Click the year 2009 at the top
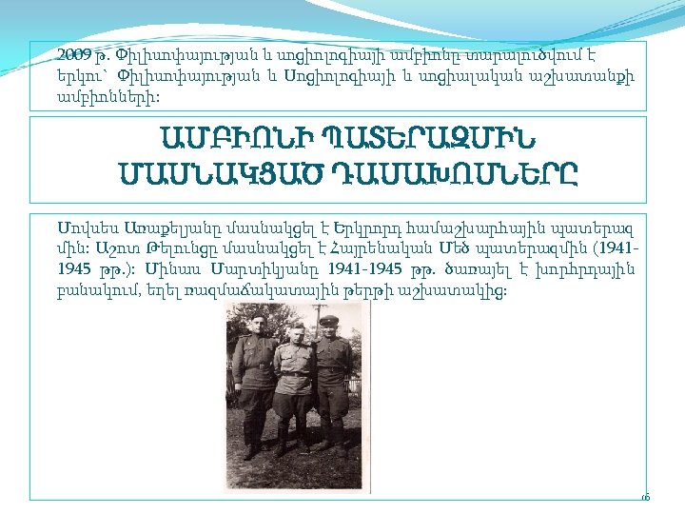[x=71, y=54]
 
